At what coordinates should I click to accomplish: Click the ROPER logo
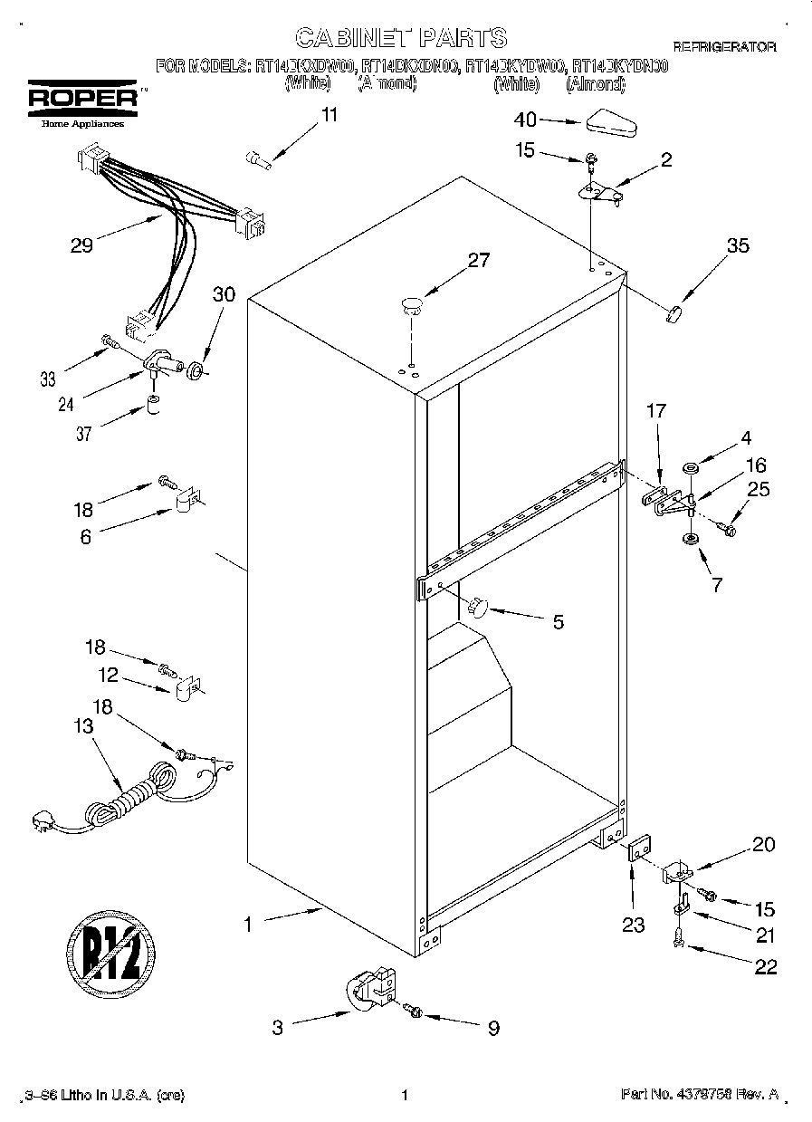[x=82, y=101]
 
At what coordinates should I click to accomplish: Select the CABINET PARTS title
[x=401, y=37]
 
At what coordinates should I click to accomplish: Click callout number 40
[x=525, y=120]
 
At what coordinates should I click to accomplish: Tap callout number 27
[x=478, y=261]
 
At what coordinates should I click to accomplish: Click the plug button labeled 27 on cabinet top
[x=412, y=303]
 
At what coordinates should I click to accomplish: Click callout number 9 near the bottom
[x=493, y=1028]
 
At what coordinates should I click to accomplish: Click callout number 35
[x=738, y=245]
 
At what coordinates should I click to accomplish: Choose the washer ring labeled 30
[x=195, y=369]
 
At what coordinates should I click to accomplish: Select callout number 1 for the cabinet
[x=247, y=925]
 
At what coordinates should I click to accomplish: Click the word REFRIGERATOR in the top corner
[x=723, y=46]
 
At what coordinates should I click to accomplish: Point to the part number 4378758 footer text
[x=700, y=1095]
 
